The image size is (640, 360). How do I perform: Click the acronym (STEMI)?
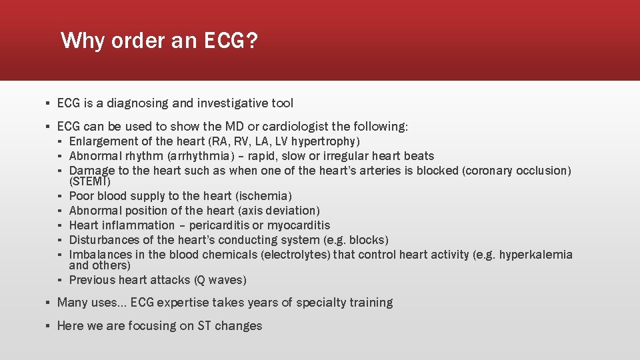pyautogui.click(x=90, y=181)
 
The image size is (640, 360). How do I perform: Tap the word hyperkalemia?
pyautogui.click(x=536, y=255)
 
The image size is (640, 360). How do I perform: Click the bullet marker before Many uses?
pyautogui.click(x=48, y=303)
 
